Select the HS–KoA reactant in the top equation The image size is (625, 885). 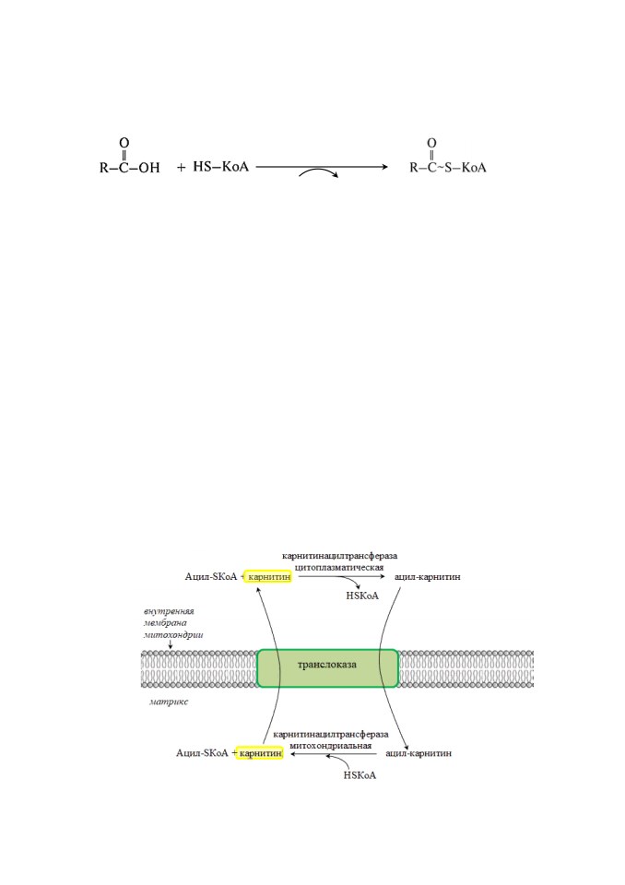point(220,167)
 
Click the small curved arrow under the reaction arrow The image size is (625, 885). point(318,171)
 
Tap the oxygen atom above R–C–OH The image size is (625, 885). point(124,143)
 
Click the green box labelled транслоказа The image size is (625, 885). point(327,668)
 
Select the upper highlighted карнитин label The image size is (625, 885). point(269,577)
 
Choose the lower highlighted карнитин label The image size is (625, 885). point(260,753)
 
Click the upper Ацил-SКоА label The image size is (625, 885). point(211,577)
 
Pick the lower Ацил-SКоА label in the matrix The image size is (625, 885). point(202,753)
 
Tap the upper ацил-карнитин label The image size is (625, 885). point(428,577)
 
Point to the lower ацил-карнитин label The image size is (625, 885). point(419,753)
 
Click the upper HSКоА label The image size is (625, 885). point(362,596)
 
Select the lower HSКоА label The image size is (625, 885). point(360,775)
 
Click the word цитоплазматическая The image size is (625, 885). point(339,567)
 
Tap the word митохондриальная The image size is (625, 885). point(331,745)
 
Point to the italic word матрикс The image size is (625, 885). point(169,702)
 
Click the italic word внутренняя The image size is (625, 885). point(169,611)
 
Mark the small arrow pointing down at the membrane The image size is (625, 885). point(171,644)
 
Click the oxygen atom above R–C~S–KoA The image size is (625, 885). point(431,143)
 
